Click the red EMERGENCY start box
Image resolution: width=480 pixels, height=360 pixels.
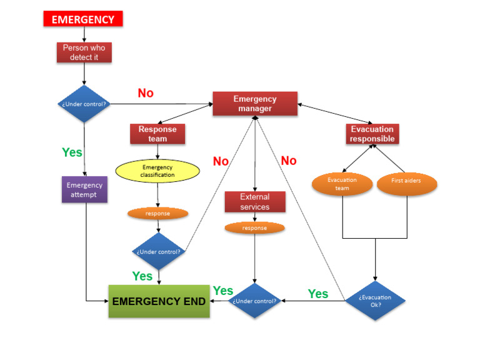(82, 19)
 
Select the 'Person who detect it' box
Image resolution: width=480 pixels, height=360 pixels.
(84, 52)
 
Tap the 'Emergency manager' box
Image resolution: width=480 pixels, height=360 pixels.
(254, 104)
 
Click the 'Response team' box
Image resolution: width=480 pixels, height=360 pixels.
(157, 134)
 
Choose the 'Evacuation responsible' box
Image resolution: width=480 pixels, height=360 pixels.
(372, 134)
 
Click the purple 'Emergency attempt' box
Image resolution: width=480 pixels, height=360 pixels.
(84, 189)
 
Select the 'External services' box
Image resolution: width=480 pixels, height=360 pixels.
(254, 201)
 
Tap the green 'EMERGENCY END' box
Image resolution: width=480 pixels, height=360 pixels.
(159, 301)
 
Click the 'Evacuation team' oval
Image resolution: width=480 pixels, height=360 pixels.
(342, 183)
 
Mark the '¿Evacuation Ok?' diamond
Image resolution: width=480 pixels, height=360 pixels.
(375, 301)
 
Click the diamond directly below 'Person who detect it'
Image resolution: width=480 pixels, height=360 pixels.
(84, 104)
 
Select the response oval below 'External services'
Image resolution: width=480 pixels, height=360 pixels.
(254, 228)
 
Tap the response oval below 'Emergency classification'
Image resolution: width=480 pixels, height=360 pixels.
(157, 213)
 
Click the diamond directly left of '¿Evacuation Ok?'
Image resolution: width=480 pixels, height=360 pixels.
(254, 301)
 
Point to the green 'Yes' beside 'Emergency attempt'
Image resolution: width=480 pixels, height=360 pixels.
(72, 152)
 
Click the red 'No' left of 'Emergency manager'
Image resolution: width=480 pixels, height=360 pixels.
(146, 93)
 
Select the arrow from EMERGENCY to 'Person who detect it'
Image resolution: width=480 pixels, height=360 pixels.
(84, 34)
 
